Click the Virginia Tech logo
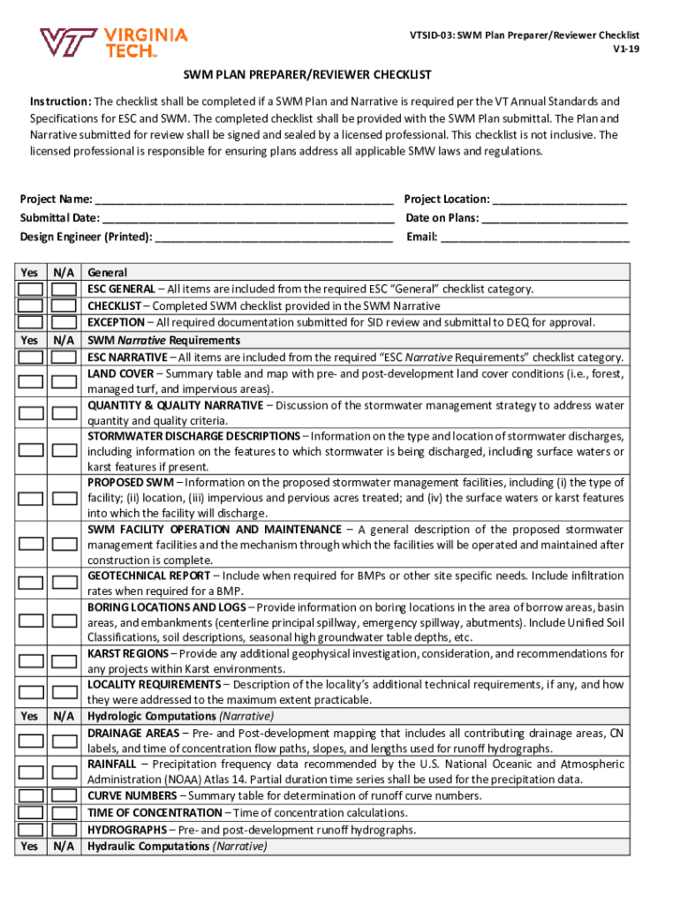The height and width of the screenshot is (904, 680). pyautogui.click(x=113, y=41)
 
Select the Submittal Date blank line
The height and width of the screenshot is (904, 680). pyautogui.click(x=248, y=218)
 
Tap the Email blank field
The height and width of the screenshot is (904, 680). pyautogui.click(x=535, y=237)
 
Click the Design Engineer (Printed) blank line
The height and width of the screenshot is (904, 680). pyautogui.click(x=273, y=237)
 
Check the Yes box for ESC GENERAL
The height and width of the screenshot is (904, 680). pyautogui.click(x=31, y=290)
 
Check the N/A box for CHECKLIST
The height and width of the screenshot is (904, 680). pyautogui.click(x=64, y=305)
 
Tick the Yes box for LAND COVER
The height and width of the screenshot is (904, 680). pyautogui.click(x=31, y=381)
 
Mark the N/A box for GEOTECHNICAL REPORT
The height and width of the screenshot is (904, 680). pyautogui.click(x=64, y=583)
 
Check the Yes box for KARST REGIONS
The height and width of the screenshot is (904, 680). pyautogui.click(x=31, y=660)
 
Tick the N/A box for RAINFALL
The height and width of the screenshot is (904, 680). pyautogui.click(x=64, y=772)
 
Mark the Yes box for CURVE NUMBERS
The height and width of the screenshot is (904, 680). pyautogui.click(x=31, y=795)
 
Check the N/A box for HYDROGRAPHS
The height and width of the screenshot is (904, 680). pyautogui.click(x=64, y=830)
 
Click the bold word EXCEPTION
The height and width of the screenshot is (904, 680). pyautogui.click(x=116, y=322)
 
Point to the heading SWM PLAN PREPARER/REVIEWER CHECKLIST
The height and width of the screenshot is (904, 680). pyautogui.click(x=307, y=76)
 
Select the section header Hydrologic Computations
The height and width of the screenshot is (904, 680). pyautogui.click(x=151, y=716)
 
